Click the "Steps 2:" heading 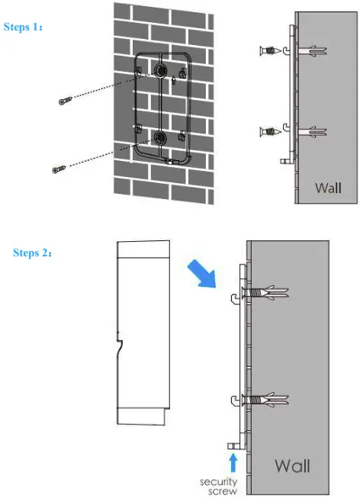33,253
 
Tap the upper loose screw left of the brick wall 64,101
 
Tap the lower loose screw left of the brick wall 58,169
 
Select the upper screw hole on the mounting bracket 161,70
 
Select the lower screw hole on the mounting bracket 161,137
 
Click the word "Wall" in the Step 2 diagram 292,465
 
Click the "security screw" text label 218,486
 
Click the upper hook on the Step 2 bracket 233,299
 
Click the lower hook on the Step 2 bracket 233,403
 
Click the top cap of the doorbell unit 143,250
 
